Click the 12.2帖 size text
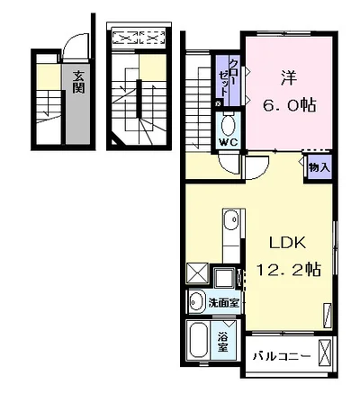(290, 267)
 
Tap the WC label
(228, 141)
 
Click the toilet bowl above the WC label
(228, 122)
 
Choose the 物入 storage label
(319, 166)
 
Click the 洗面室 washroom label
(224, 302)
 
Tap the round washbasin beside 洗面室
(196, 301)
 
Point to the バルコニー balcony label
(281, 355)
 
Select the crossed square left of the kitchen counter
(197, 273)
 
